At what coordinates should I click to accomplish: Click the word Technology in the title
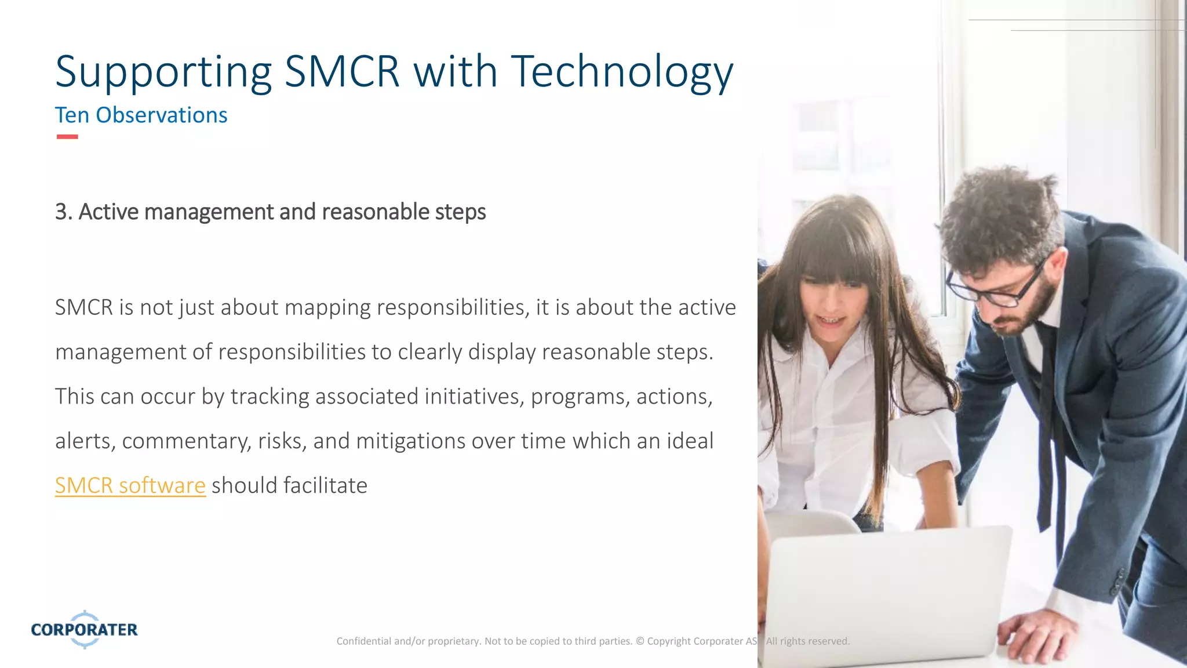click(621, 72)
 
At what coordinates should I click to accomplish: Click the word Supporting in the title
click(163, 72)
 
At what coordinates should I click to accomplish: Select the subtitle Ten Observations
click(141, 115)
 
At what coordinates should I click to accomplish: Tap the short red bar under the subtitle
click(67, 137)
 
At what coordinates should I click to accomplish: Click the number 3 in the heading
click(61, 212)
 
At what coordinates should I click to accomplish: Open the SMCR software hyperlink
click(130, 485)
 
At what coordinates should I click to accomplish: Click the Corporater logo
click(85, 629)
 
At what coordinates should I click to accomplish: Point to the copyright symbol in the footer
click(640, 641)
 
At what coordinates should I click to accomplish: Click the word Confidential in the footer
click(363, 641)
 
